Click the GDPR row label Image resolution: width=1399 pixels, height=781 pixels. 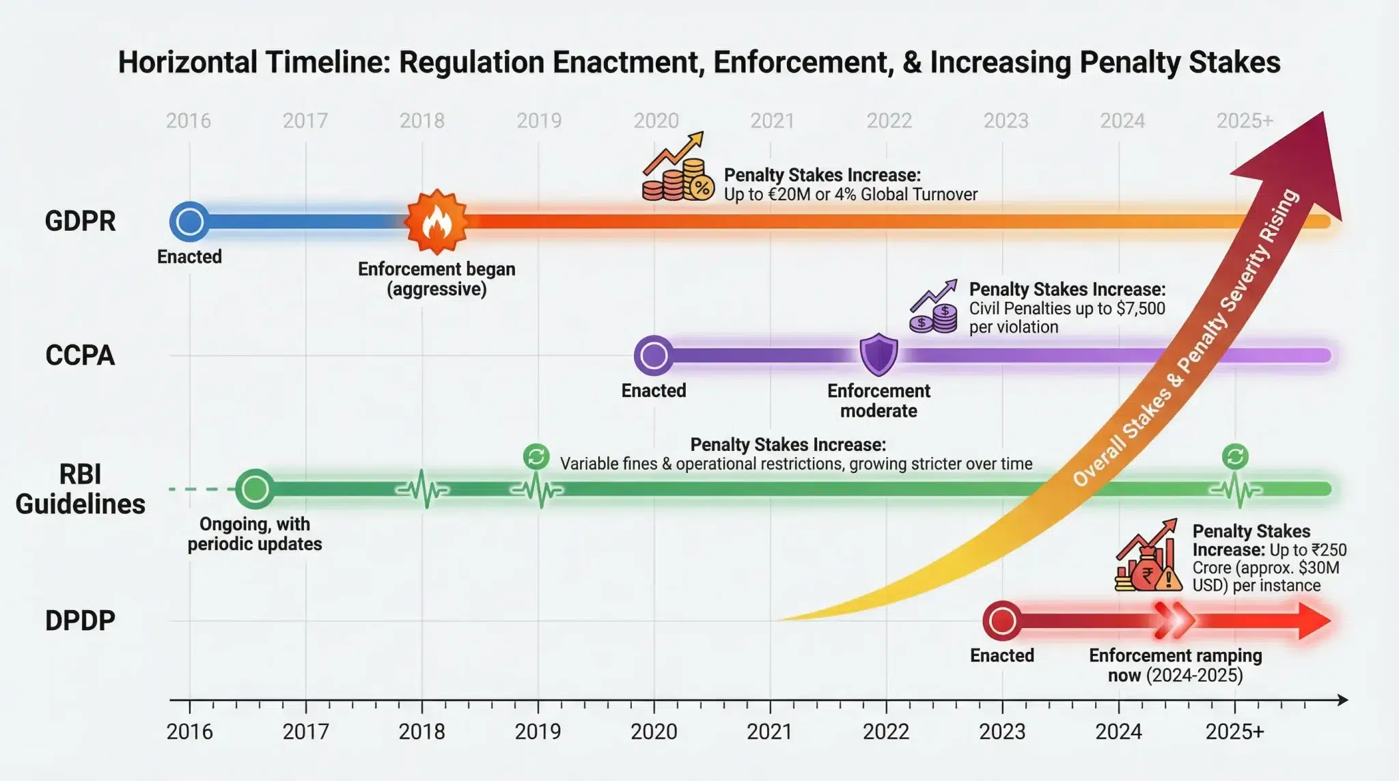(80, 221)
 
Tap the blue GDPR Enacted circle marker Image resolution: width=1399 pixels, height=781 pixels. (189, 221)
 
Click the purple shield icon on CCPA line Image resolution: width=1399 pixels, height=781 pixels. (878, 354)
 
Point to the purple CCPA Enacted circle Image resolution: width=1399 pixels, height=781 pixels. (654, 355)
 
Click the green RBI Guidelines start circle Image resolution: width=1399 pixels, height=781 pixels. (255, 489)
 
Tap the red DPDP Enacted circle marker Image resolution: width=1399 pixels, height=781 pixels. (1002, 621)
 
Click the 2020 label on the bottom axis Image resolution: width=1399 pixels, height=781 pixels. (654, 732)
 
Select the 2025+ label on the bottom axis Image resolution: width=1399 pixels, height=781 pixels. (1234, 732)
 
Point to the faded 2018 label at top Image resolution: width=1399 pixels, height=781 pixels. (421, 121)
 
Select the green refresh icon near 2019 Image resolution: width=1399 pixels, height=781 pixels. (536, 456)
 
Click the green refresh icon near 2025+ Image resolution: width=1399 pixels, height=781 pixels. (1235, 456)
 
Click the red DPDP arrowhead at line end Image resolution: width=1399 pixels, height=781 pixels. (1313, 621)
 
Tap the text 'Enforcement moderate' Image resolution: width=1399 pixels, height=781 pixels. (878, 400)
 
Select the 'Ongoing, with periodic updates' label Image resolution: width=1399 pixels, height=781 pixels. (255, 534)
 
